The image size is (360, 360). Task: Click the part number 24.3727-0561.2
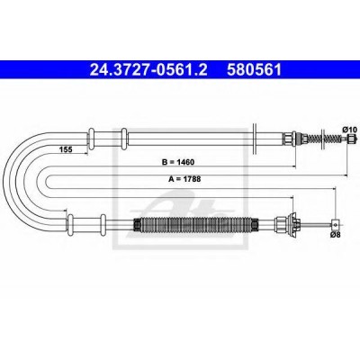tap(148, 70)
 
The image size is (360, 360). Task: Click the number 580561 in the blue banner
tap(255, 70)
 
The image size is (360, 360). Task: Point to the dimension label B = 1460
tap(178, 162)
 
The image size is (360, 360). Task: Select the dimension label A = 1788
tap(184, 179)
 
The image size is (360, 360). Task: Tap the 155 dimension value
tap(66, 149)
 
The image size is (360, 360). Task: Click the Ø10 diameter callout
tap(349, 130)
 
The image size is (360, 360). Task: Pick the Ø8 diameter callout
tap(336, 235)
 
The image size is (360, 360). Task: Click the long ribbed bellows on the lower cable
tap(195, 225)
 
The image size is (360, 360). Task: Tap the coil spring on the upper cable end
tap(326, 139)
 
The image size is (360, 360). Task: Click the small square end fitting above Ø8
tap(336, 224)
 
